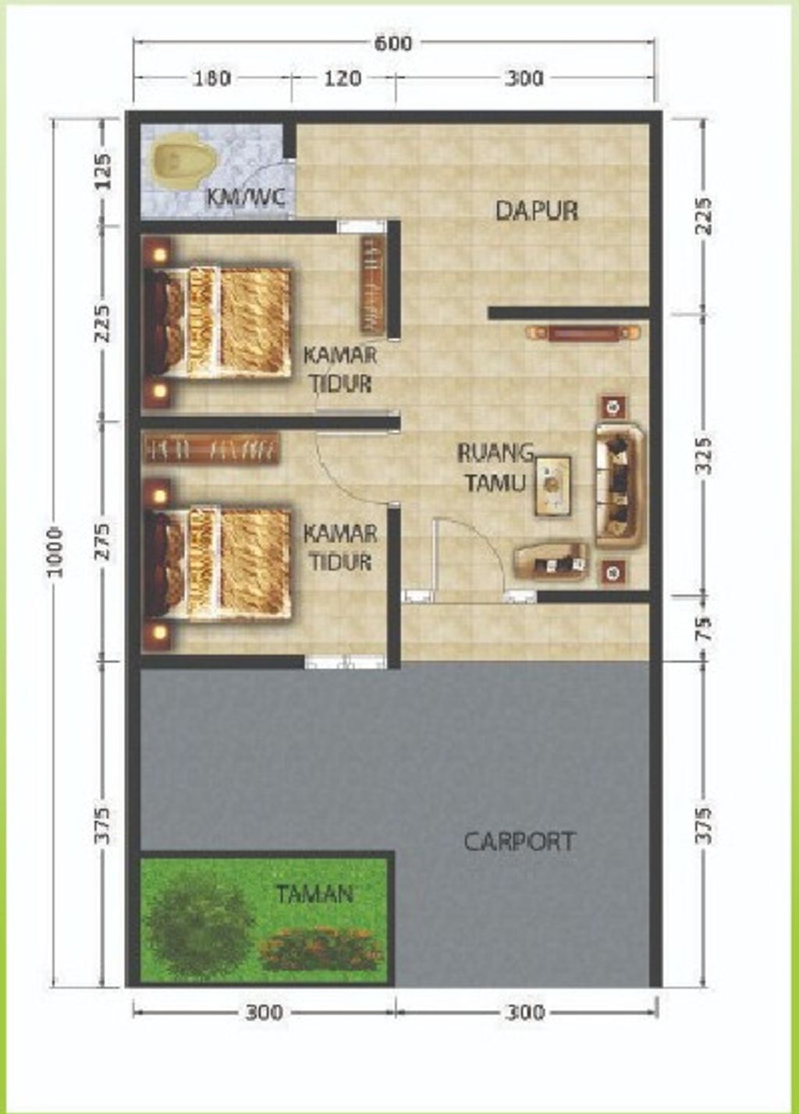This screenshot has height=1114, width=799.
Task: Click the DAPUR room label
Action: [x=537, y=210]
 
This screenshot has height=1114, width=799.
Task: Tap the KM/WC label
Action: [x=246, y=198]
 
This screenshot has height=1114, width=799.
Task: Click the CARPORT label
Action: [x=519, y=841]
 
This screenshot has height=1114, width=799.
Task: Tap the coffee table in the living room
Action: [x=552, y=485]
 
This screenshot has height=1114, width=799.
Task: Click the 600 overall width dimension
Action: [x=393, y=44]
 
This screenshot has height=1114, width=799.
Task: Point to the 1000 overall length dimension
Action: [x=56, y=552]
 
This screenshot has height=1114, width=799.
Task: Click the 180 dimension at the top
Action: [x=211, y=79]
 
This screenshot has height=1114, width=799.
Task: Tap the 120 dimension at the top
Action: [x=343, y=79]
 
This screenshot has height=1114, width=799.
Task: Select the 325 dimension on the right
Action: [x=705, y=455]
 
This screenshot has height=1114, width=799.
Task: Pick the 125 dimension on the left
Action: [x=103, y=171]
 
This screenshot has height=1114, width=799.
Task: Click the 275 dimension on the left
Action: [x=103, y=541]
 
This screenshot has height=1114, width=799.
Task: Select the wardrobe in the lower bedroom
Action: [x=211, y=450]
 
